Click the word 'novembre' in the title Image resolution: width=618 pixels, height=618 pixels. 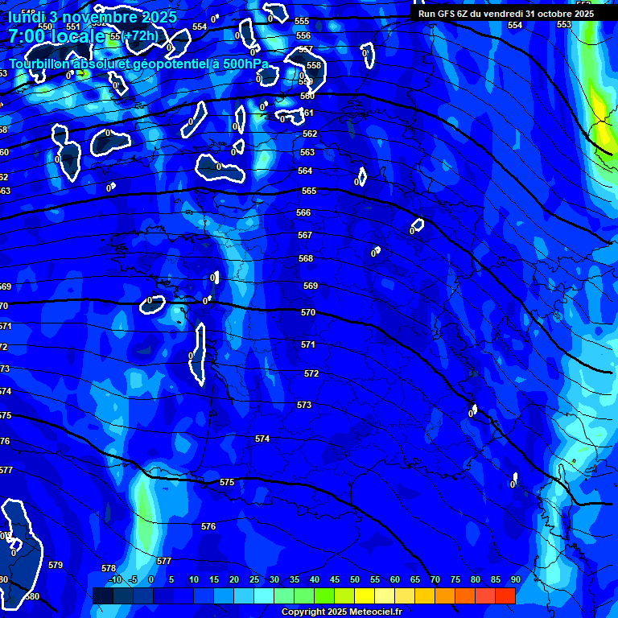(89, 16)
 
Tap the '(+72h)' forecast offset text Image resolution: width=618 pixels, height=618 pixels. (142, 35)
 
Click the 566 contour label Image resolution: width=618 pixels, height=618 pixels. (303, 212)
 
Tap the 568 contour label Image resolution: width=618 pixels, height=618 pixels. (305, 258)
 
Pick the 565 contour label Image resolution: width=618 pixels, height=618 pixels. (308, 191)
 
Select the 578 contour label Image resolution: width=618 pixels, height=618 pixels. (109, 568)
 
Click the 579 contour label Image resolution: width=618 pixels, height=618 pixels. (56, 565)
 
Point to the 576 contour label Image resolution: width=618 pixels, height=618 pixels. (208, 525)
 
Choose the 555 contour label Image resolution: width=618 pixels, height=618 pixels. (302, 22)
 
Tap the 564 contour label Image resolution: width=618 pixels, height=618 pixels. (305, 171)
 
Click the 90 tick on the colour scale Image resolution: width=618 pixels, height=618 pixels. (515, 579)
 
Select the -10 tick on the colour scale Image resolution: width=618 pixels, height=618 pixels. (114, 579)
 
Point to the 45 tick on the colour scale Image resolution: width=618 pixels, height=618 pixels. (334, 579)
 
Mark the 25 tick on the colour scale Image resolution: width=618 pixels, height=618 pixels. (253, 579)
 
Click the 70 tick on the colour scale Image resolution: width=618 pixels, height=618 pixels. (435, 579)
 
